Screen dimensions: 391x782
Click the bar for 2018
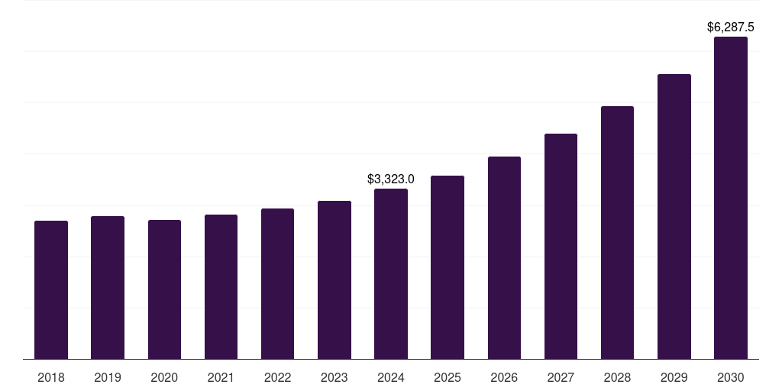tap(51, 290)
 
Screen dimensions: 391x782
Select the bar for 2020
tap(164, 289)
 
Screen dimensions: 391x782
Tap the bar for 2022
tap(277, 284)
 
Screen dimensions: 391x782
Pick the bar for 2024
tap(391, 274)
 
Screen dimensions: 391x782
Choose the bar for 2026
tap(504, 258)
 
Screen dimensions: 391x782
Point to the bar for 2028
tap(617, 233)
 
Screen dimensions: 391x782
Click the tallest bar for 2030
tap(731, 198)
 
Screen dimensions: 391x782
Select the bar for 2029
tap(674, 217)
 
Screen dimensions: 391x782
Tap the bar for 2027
tap(561, 247)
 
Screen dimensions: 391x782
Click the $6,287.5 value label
tap(731, 27)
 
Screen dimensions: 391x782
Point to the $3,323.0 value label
tap(391, 179)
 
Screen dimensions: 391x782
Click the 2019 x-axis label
tap(108, 377)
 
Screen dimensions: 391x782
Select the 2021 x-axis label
tap(221, 377)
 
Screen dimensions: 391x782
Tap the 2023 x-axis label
tap(334, 377)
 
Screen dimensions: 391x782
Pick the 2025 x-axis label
tap(448, 377)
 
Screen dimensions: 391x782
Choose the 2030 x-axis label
tap(731, 377)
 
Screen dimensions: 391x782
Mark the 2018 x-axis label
tap(51, 377)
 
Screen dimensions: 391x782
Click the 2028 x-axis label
tap(617, 377)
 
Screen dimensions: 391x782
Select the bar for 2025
tap(448, 267)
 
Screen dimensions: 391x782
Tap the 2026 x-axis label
tap(504, 377)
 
